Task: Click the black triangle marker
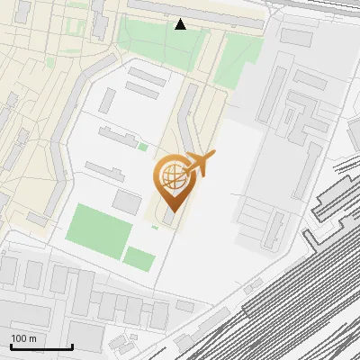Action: coord(181,24)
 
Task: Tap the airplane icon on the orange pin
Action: coord(199,164)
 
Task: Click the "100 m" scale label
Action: coord(23,338)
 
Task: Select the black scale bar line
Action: coord(40,347)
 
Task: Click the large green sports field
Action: coord(99,229)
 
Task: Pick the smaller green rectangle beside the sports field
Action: coord(139,258)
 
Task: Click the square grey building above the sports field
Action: coord(127,201)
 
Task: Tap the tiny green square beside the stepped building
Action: coord(143,147)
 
